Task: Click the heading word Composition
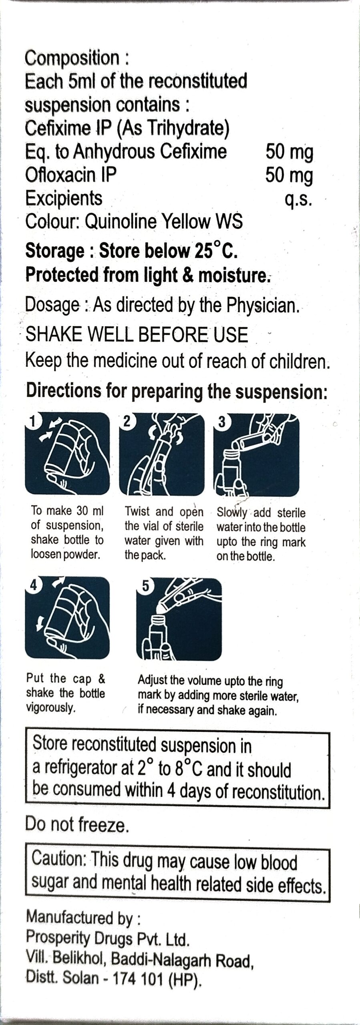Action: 72,58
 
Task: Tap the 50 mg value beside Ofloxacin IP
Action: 289,175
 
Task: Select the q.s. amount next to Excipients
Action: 298,199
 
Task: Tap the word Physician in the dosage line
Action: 263,306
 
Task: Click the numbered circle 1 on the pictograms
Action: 34,420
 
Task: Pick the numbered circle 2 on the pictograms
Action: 127,421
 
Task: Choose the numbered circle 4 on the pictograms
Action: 34,585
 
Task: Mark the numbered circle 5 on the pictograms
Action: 145,586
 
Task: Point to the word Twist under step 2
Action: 137,511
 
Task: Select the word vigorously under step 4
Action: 51,708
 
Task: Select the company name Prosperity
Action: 60,939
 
